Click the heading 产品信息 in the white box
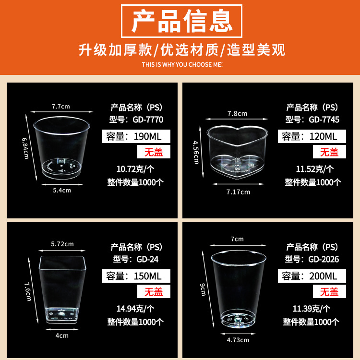181,21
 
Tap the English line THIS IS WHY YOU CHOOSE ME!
182,64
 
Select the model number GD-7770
148,120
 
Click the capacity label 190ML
148,136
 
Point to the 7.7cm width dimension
61,107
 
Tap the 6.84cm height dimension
25,148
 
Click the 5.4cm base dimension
62,191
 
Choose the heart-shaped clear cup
238,152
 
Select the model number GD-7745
324,120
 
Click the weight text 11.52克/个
315,169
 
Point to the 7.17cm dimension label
238,192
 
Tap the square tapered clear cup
62,290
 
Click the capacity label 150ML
148,276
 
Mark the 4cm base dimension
62,336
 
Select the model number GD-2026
324,259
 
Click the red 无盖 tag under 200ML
329,291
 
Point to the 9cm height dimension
203,289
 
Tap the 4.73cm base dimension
238,340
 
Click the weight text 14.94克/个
135,309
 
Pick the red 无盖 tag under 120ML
329,152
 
